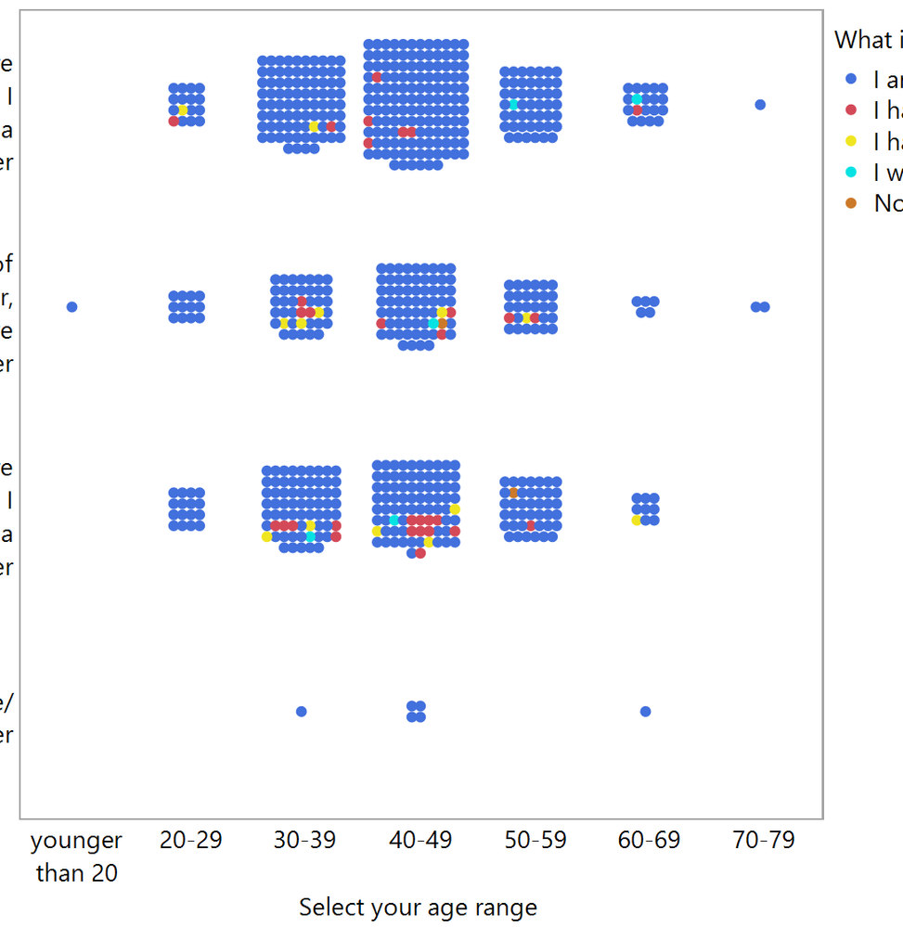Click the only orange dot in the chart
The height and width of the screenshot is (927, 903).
(x=513, y=493)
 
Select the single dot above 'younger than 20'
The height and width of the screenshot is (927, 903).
(x=72, y=307)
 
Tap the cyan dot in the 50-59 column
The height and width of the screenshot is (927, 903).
(x=513, y=105)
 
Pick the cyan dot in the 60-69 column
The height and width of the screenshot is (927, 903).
(x=637, y=98)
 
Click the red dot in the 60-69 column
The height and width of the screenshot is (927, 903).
(x=637, y=109)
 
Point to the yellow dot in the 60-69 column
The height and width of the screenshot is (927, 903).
(x=637, y=521)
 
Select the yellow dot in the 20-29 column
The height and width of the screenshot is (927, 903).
(x=183, y=110)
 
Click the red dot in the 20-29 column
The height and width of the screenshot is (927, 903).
(x=174, y=122)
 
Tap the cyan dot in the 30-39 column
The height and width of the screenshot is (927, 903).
(x=311, y=536)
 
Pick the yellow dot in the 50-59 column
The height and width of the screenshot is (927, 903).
(x=526, y=318)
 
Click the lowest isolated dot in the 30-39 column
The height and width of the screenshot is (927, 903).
(x=301, y=712)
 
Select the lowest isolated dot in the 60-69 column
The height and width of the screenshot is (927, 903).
(x=645, y=712)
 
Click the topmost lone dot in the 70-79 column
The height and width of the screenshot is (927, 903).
(x=760, y=105)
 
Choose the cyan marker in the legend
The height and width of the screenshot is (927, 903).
(x=851, y=173)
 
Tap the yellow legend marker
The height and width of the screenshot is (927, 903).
(x=851, y=142)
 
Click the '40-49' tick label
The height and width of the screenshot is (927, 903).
(x=420, y=841)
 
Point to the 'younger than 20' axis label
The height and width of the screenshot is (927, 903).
(x=76, y=856)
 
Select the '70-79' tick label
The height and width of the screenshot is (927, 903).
(x=763, y=841)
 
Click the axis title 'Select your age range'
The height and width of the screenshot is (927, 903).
(x=418, y=908)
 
